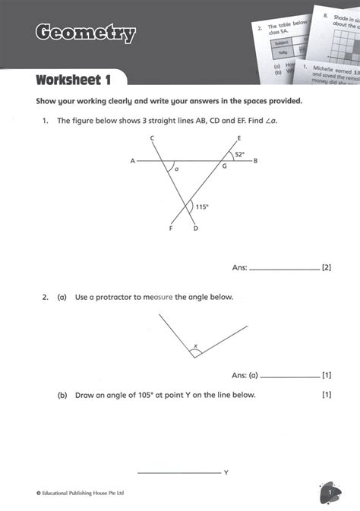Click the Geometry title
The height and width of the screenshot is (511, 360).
pyautogui.click(x=85, y=33)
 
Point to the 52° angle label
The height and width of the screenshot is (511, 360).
pyautogui.click(x=239, y=154)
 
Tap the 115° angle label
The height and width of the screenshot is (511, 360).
pyautogui.click(x=202, y=206)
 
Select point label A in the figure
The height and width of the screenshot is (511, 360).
pyautogui.click(x=133, y=161)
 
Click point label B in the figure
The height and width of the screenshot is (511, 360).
pyautogui.click(x=256, y=161)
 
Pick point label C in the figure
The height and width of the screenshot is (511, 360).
pyautogui.click(x=153, y=137)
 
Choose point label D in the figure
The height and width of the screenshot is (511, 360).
pyautogui.click(x=195, y=229)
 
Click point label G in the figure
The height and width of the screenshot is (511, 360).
pyautogui.click(x=224, y=166)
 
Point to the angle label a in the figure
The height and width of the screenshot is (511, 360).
pyautogui.click(x=177, y=169)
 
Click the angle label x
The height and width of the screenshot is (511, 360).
pyautogui.click(x=195, y=346)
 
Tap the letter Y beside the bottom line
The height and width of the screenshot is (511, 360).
pyautogui.click(x=226, y=472)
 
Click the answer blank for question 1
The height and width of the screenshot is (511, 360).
pyautogui.click(x=284, y=269)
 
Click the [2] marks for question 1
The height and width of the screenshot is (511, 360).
pyautogui.click(x=327, y=267)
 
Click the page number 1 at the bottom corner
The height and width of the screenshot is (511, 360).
pyautogui.click(x=331, y=493)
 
